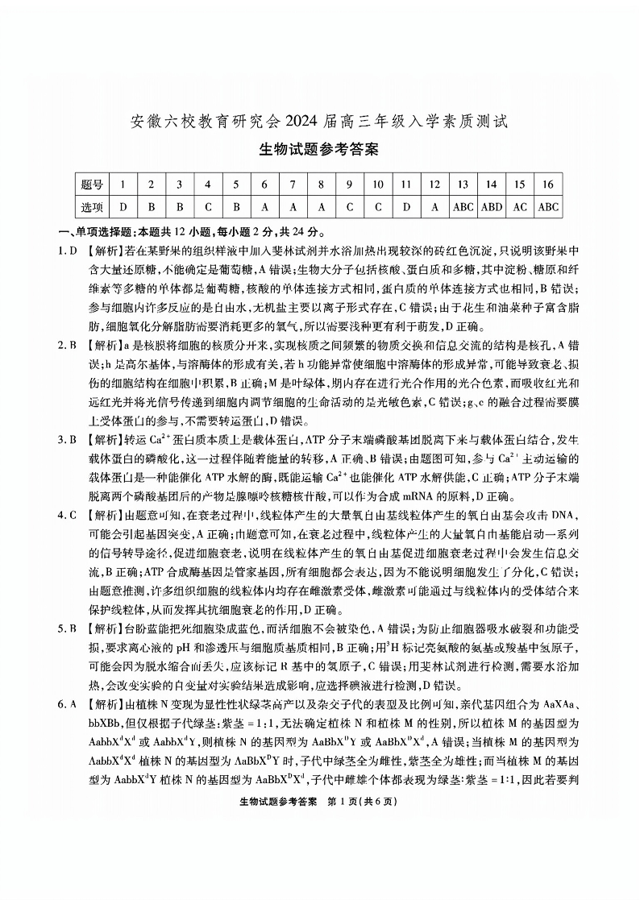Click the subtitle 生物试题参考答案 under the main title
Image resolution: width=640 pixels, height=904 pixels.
click(x=319, y=150)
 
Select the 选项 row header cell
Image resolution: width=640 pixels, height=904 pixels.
click(x=94, y=207)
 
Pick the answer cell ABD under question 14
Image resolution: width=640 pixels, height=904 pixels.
click(x=492, y=207)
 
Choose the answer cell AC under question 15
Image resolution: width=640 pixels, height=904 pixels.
click(x=520, y=207)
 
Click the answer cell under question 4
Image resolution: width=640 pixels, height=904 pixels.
click(x=207, y=207)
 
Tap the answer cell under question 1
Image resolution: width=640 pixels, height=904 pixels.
click(x=123, y=207)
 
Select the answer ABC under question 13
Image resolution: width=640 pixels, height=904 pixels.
click(x=463, y=207)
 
